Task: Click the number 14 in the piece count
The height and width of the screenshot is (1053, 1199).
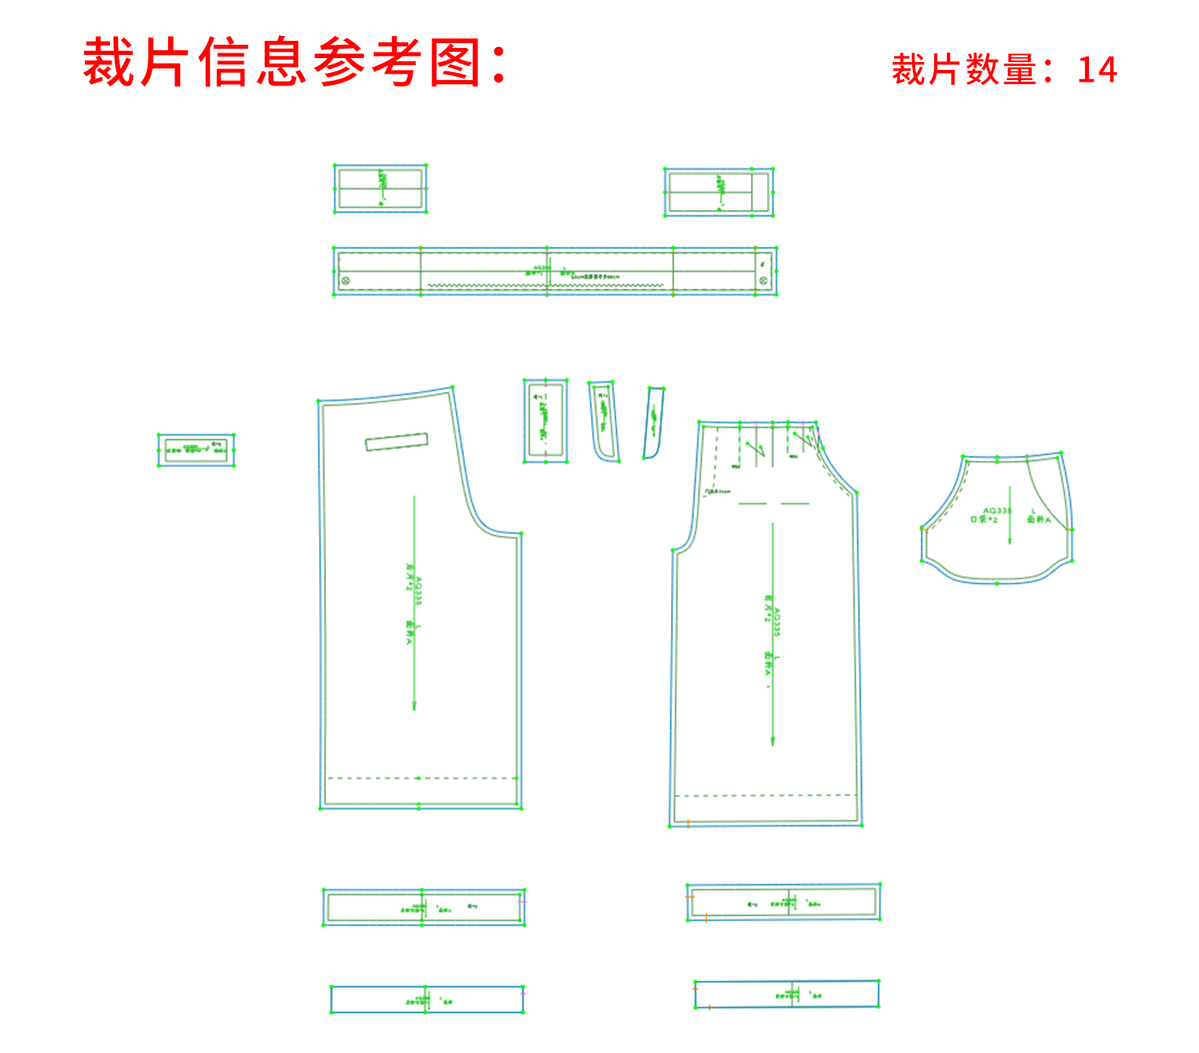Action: click(1097, 70)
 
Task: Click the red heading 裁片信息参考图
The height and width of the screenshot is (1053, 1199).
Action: click(295, 62)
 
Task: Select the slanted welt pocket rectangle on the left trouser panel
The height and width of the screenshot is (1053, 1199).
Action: click(397, 442)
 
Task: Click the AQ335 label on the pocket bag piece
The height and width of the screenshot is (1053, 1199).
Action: click(997, 510)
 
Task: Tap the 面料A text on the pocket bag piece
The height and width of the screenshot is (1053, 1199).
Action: click(1039, 520)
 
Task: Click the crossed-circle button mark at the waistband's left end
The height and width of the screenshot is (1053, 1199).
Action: click(344, 280)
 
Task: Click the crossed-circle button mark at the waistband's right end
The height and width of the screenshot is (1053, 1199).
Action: click(762, 280)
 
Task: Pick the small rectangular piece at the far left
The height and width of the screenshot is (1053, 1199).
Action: click(196, 450)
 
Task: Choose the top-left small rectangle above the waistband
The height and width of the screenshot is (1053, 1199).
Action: click(380, 188)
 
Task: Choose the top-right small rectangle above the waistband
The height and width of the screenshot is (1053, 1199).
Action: click(718, 192)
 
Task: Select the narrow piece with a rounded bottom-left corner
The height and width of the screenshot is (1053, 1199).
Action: click(603, 422)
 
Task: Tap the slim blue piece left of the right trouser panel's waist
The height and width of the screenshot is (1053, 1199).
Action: click(654, 422)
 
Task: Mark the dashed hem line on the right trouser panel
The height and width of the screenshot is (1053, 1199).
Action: click(764, 795)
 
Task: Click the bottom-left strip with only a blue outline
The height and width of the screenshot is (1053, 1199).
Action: click(427, 1000)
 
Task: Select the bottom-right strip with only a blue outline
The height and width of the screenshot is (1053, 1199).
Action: click(786, 994)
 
